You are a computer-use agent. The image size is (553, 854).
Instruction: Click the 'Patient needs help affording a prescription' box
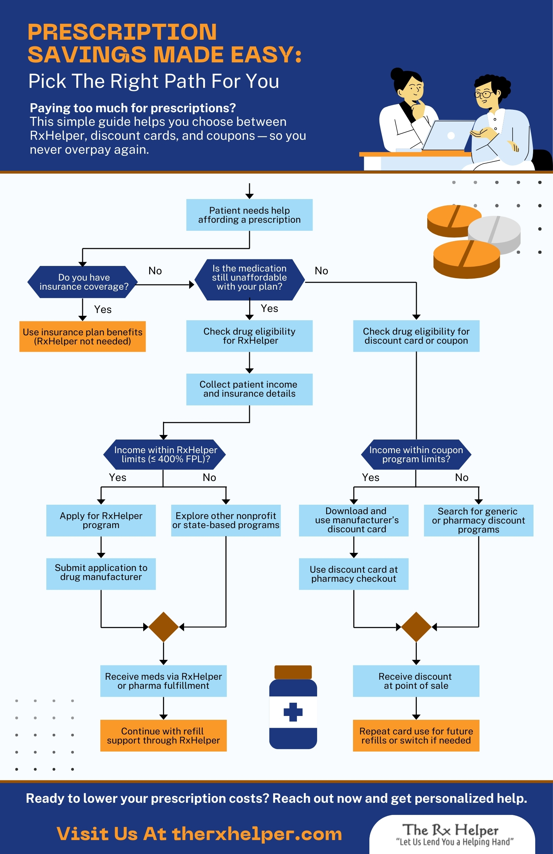pos(249,215)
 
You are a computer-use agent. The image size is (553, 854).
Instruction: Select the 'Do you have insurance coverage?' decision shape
pos(83,282)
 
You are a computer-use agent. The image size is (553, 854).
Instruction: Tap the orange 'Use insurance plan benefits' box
pos(83,336)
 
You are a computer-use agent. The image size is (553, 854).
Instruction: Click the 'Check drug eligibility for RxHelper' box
pos(249,336)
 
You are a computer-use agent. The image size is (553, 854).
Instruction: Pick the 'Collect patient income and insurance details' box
pos(249,389)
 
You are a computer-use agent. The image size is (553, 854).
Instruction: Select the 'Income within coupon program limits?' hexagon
pos(416,454)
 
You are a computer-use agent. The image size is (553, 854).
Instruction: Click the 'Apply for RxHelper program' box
pos(101,520)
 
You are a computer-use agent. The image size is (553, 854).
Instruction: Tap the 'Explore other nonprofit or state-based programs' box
pos(225,520)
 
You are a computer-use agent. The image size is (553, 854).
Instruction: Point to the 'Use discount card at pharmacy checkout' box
pos(354,574)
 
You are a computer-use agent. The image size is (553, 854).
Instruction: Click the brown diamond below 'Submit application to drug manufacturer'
pos(163,627)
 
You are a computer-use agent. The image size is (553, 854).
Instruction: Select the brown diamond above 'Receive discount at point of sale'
pos(416,627)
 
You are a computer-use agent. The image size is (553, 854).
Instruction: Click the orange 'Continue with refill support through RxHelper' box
pos(163,735)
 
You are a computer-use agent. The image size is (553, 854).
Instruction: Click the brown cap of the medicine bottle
pos(293,672)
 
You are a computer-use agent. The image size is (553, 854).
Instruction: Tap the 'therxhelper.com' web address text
pos(257,833)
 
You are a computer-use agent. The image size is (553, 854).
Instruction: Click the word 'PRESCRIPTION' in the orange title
pos(122,32)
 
